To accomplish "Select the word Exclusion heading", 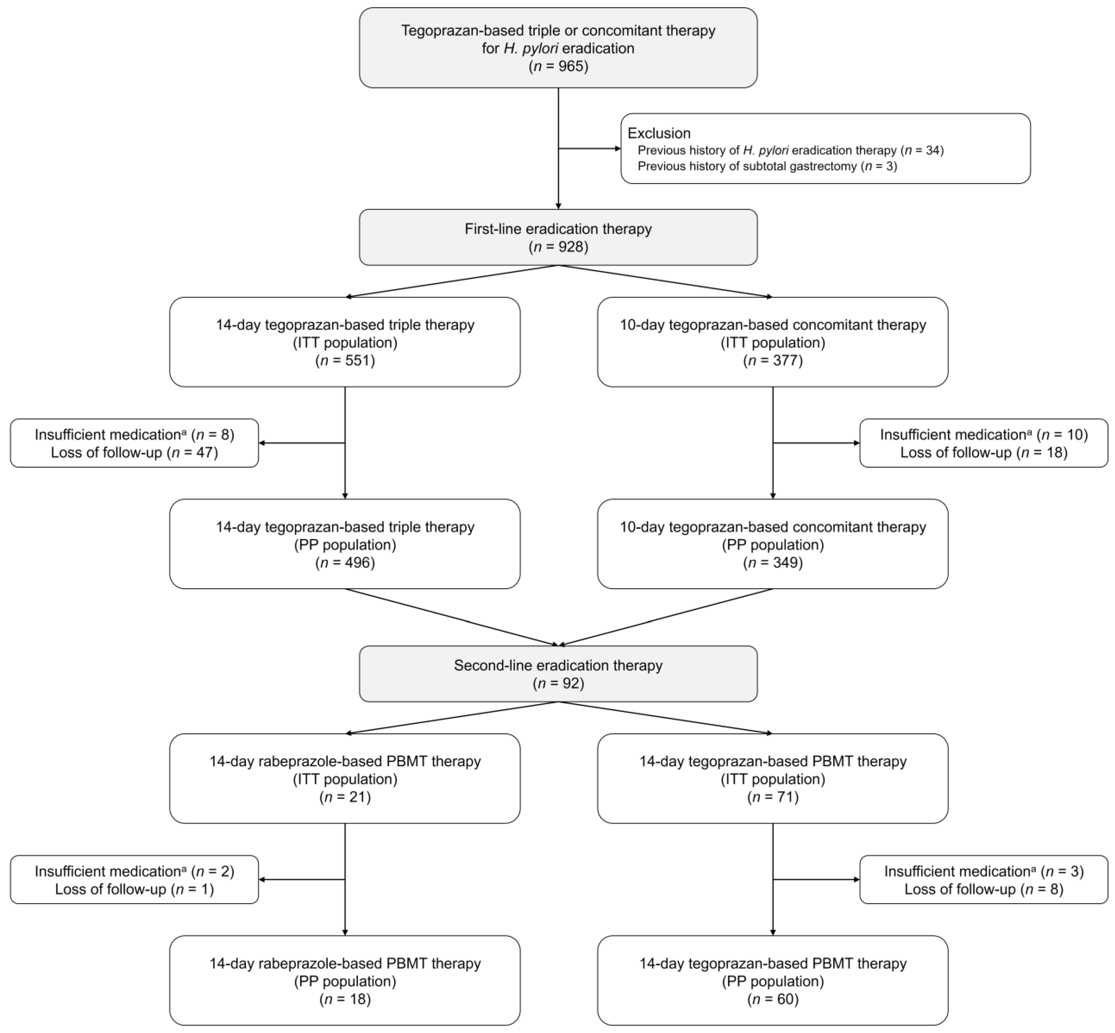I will [659, 133].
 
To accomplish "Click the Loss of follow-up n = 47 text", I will [134, 452].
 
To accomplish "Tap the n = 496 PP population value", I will [345, 562].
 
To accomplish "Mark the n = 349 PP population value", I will [773, 562].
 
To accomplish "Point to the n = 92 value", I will [558, 683].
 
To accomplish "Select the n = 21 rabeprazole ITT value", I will [345, 797].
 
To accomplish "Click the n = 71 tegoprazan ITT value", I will [773, 797].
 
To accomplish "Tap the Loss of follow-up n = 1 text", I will [134, 889].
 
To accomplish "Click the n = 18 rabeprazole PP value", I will [345, 999].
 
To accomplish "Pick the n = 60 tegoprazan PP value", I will [773, 999].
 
